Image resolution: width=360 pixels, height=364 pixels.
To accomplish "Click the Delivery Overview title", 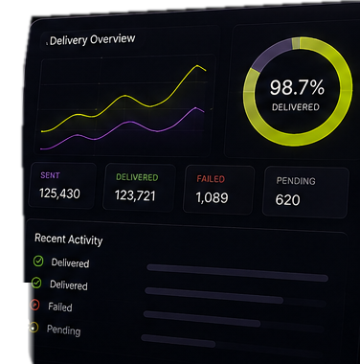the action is pos(93,40).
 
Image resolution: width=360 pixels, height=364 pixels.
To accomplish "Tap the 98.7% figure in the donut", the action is pos(297,87).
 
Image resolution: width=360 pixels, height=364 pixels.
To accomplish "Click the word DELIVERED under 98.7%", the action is pos(296,107).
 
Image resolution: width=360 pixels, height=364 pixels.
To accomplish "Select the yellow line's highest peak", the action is pos(197,66).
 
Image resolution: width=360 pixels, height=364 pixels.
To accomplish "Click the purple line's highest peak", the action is pos(196,108).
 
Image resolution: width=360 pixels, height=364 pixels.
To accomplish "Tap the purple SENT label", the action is pos(50,175).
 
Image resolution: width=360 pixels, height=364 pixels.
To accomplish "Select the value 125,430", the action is pos(59,193).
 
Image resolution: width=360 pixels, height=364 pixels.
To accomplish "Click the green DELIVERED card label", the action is pos(137,177).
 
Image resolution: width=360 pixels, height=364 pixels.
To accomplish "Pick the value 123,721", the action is pos(135,195).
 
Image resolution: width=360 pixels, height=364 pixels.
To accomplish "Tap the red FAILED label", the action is pos(211,179).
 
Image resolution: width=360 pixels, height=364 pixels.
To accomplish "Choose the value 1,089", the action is pos(212,197).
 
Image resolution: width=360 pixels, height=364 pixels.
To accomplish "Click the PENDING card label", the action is pos(296,181).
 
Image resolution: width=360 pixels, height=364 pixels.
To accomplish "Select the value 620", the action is pos(287,200).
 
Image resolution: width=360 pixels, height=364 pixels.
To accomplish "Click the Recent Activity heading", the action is pos(69,239).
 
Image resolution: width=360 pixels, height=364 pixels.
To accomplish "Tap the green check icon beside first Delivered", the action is pos(38,262).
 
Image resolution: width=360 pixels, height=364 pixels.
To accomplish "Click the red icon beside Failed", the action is pos(34,305).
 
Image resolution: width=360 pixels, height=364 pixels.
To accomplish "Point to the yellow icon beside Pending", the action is pos(34,328).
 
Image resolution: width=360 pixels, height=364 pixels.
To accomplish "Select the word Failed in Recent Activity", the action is pos(60,307).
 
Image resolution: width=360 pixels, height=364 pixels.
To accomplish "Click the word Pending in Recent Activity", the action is pos(63,330).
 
